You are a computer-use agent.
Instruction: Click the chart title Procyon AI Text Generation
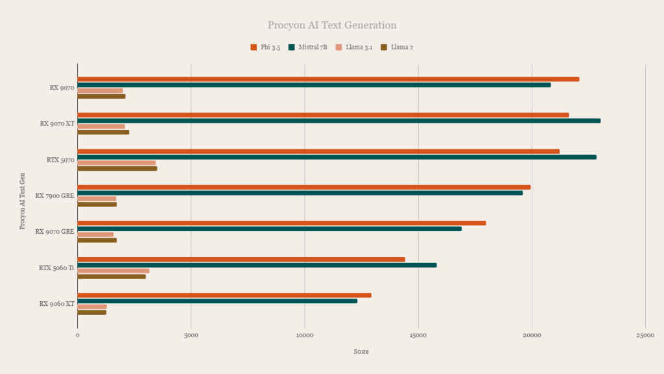pos(332,25)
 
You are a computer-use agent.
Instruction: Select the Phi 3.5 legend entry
pos(265,47)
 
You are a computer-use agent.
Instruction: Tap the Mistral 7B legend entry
pos(308,47)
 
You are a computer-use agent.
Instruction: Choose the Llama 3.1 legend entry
pos(354,47)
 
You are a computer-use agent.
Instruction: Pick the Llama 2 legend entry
pos(397,47)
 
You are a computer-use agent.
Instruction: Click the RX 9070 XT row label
pos(57,124)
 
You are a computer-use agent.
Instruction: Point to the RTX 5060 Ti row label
pos(56,268)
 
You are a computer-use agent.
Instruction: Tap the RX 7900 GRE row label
pos(54,196)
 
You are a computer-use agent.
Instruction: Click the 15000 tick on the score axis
pos(418,336)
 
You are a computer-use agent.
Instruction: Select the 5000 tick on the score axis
pos(191,336)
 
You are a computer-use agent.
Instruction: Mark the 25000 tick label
pos(645,336)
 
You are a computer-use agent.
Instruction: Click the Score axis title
pos(361,351)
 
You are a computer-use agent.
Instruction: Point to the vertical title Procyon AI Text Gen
pos(23,201)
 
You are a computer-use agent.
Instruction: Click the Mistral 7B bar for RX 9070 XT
pos(338,121)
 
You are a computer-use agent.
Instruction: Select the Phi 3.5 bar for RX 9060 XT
pos(224,295)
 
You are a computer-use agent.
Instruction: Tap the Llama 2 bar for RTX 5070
pos(117,169)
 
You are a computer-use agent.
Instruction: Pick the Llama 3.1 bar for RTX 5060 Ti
pos(113,271)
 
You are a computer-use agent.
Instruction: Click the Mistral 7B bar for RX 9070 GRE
pos(269,229)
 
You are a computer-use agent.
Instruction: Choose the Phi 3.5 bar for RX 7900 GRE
pos(304,188)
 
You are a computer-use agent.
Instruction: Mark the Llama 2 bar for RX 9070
pos(102,97)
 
